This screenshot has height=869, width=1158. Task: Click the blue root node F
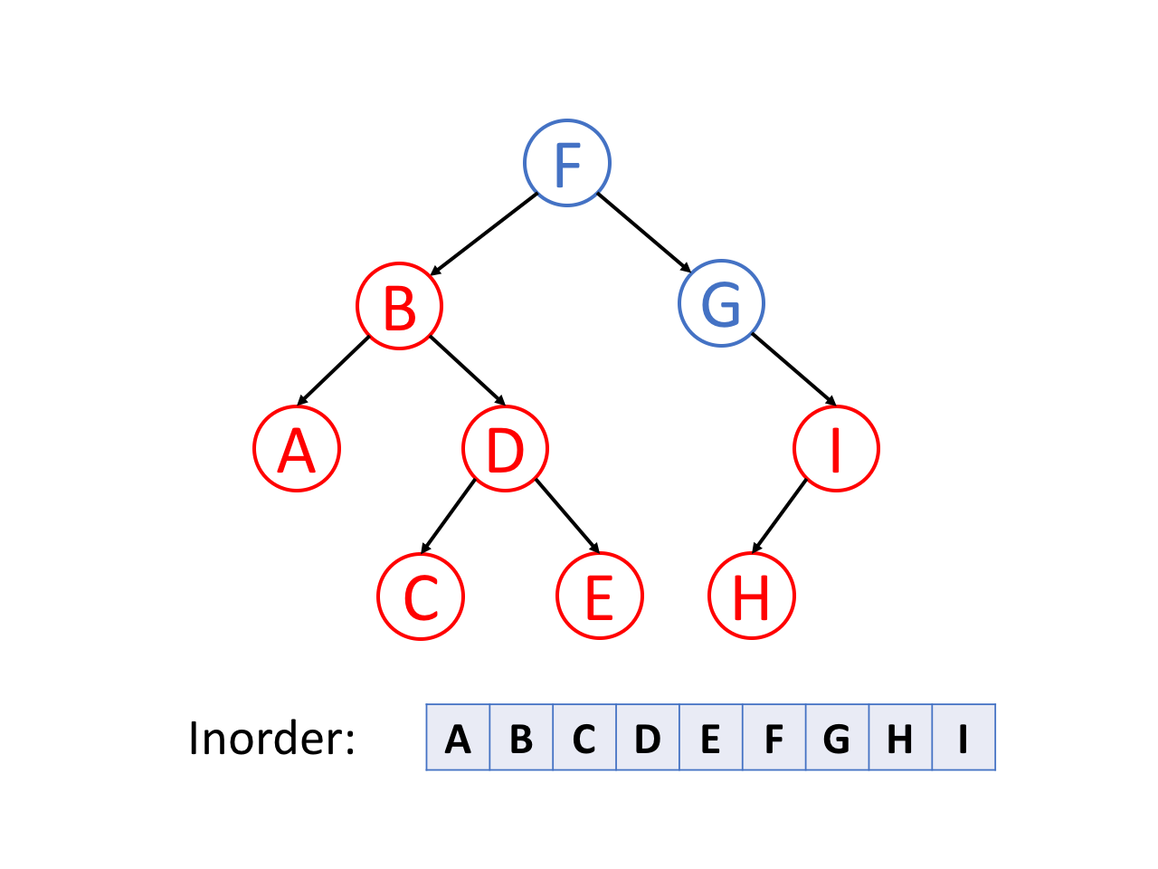click(x=567, y=163)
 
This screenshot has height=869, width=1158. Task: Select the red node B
click(x=399, y=306)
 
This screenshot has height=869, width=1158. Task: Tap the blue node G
click(x=721, y=303)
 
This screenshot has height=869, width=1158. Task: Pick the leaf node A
click(x=297, y=449)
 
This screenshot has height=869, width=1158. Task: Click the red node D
click(x=505, y=449)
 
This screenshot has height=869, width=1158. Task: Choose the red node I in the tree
click(x=836, y=449)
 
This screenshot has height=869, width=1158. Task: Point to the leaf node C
click(x=421, y=597)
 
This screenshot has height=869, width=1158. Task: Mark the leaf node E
click(x=599, y=597)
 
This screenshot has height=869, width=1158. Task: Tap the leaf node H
click(x=751, y=597)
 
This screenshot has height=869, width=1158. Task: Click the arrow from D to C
click(x=448, y=516)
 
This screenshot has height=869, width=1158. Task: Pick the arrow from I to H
click(x=779, y=516)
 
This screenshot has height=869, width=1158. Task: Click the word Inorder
click(x=271, y=739)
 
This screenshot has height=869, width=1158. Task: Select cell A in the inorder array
click(x=458, y=739)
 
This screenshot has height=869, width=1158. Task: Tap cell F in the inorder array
click(x=774, y=739)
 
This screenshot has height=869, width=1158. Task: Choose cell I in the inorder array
click(x=963, y=739)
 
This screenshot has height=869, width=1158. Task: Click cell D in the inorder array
click(x=647, y=739)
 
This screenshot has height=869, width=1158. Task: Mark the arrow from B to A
click(x=334, y=370)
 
